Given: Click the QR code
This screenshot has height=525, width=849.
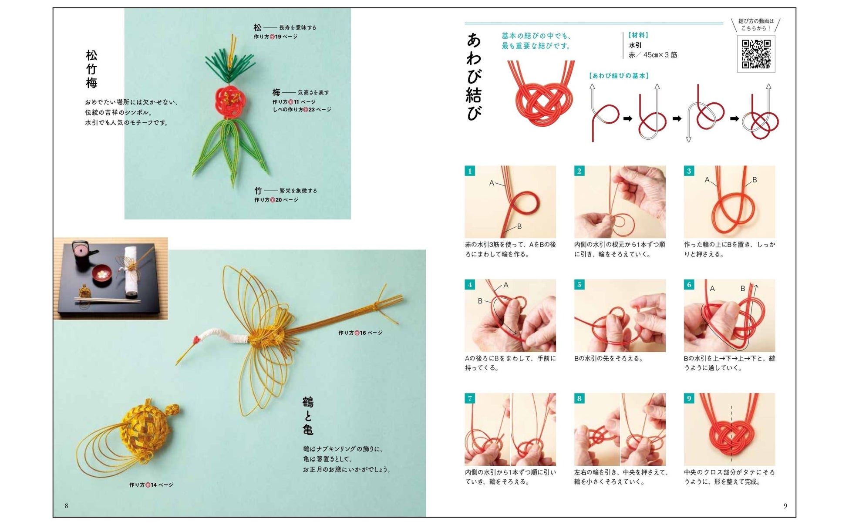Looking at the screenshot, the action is [x=756, y=54].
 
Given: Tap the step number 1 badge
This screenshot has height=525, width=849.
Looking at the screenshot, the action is [x=470, y=171].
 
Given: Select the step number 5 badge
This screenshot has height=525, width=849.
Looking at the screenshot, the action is [x=579, y=285].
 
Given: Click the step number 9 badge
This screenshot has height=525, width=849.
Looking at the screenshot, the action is [x=689, y=398].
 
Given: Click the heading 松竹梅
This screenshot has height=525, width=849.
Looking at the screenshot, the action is [x=91, y=69].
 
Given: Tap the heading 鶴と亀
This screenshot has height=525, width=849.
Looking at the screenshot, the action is [x=308, y=416].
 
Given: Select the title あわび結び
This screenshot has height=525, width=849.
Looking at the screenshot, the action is [x=474, y=77].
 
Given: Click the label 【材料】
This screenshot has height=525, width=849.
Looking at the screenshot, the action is [x=638, y=35].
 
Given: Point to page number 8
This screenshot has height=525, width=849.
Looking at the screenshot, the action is [x=66, y=506].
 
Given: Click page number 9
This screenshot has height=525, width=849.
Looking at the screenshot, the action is [x=785, y=506].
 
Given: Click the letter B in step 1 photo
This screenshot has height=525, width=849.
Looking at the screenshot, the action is [x=519, y=226].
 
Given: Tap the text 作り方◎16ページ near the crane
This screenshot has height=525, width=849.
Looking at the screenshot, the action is [x=360, y=333].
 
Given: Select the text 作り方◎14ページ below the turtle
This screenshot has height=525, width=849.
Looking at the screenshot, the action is [x=151, y=485].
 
